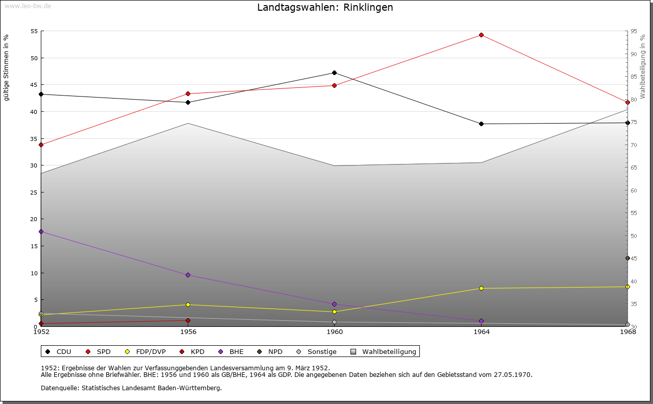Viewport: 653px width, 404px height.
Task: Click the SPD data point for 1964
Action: point(481,35)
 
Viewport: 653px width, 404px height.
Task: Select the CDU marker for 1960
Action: point(334,73)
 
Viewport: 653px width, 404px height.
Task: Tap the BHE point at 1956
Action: point(188,275)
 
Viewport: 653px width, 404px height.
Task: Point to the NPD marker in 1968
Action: point(627,258)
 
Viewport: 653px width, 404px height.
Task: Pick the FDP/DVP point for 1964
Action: point(481,288)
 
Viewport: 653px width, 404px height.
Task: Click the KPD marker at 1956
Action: point(188,320)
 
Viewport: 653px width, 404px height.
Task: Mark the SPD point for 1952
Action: point(41,145)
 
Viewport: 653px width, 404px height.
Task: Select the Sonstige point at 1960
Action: point(334,322)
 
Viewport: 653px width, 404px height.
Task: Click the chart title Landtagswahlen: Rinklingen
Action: point(325,7)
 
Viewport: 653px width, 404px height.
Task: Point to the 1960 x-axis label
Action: point(335,332)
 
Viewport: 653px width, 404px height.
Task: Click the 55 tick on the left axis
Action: point(34,31)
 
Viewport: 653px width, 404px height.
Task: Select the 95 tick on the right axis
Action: point(634,31)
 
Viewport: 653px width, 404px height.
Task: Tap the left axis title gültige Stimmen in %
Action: point(7,67)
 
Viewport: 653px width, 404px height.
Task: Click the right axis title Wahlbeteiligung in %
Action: point(643,66)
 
